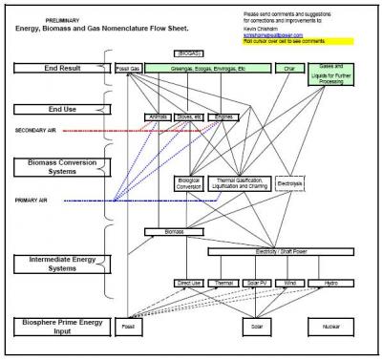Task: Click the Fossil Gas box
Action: click(x=127, y=69)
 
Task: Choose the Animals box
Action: click(x=157, y=116)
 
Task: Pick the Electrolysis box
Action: click(x=288, y=180)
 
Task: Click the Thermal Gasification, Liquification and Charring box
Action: click(x=240, y=182)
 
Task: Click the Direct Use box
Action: click(x=189, y=284)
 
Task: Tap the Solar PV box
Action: click(x=256, y=284)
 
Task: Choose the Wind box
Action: click(x=288, y=284)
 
